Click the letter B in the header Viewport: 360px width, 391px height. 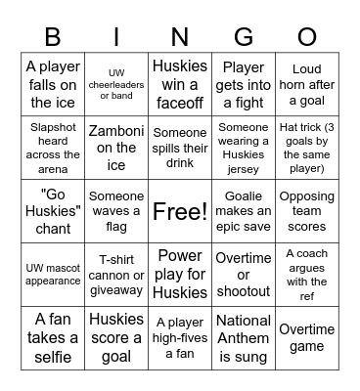[x=53, y=37]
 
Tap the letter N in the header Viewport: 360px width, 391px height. [x=180, y=37]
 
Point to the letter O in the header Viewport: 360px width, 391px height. [x=307, y=37]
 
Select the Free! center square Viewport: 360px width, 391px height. [x=180, y=211]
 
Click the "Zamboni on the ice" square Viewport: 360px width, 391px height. [x=116, y=148]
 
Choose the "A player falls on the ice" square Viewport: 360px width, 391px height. [x=53, y=84]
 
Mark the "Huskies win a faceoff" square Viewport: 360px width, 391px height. [x=180, y=84]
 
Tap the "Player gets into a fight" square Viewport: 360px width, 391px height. [x=244, y=84]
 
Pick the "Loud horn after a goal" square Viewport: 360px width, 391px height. [x=307, y=84]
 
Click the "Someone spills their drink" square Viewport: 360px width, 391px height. [x=180, y=148]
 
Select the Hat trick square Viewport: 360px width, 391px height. [x=307, y=148]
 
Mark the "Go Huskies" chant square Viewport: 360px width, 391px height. [x=53, y=211]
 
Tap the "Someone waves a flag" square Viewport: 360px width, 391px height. [x=116, y=211]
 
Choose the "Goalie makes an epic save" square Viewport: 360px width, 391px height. [x=244, y=211]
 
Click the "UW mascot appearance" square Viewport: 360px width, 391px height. [x=53, y=275]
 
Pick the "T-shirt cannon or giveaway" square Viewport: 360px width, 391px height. [x=116, y=275]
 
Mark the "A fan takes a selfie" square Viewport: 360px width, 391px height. [x=53, y=337]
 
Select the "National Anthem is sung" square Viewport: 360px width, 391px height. [x=244, y=337]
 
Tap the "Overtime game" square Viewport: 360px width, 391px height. [x=307, y=337]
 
